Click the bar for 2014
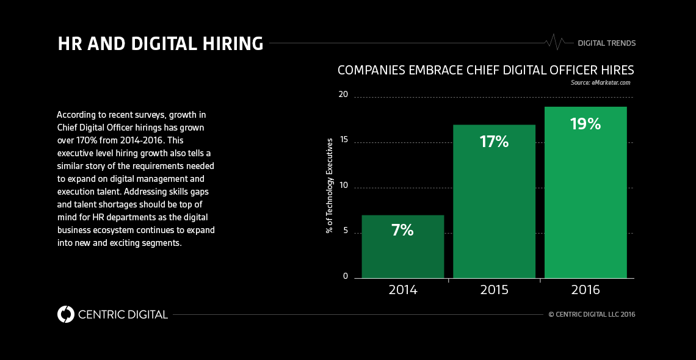click(402, 247)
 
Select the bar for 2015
click(494, 201)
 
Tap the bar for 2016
click(585, 192)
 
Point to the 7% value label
click(402, 230)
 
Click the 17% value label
click(494, 142)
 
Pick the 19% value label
click(585, 124)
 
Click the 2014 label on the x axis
click(402, 290)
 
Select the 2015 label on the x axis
click(494, 290)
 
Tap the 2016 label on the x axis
click(585, 290)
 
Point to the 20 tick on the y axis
click(343, 95)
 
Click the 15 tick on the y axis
click(343, 140)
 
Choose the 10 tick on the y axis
click(343, 185)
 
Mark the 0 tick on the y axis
click(345, 276)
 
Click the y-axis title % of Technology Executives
click(330, 185)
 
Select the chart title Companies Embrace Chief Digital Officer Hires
click(485, 70)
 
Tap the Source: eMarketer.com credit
click(600, 82)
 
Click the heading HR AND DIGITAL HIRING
click(161, 44)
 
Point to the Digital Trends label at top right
click(606, 43)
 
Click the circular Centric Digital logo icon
click(65, 314)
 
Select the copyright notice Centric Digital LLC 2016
click(592, 315)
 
